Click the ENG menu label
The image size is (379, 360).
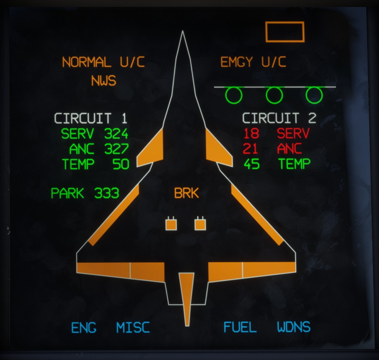84,328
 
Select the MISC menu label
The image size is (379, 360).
133,327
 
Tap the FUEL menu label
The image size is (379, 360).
240,327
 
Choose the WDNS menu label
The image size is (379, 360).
294,327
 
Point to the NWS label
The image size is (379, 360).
104,81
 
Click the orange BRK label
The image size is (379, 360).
186,193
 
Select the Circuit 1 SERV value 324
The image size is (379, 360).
116,134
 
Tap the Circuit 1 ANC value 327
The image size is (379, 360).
117,149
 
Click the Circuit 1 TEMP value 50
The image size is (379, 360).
121,164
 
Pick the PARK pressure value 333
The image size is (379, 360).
107,193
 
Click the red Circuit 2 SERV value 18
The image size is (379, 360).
251,133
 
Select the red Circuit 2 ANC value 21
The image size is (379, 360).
250,149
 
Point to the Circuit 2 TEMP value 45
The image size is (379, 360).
252,164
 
